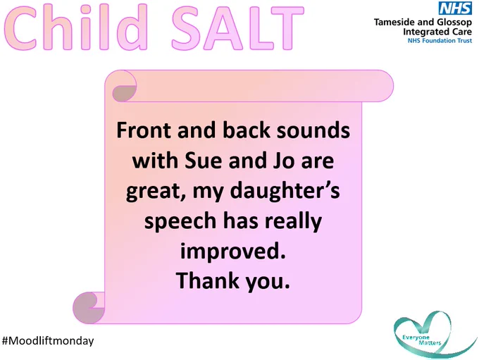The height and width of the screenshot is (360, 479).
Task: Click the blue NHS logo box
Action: coord(455,8)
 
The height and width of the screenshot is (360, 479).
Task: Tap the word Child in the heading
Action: coord(76,27)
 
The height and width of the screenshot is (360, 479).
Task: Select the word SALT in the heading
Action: coord(237,27)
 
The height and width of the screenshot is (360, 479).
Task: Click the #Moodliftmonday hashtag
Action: coord(48,341)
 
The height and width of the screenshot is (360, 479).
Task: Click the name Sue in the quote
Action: coord(203,161)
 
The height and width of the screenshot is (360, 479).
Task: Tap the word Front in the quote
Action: coord(144,130)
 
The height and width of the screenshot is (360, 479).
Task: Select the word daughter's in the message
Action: coord(285,192)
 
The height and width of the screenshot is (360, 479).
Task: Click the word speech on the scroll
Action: coord(180,222)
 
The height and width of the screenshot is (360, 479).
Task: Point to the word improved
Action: coord(232,252)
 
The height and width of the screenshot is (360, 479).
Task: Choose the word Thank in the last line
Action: coord(207,280)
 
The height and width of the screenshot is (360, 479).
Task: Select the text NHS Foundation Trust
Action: coord(440,41)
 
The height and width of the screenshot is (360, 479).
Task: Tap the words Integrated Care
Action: coord(437,32)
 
